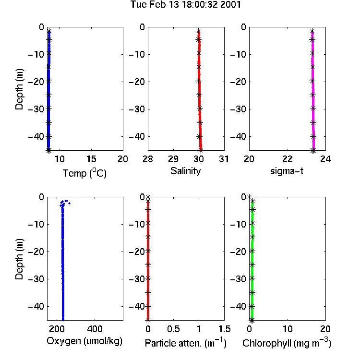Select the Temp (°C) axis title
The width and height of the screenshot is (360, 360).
click(84, 173)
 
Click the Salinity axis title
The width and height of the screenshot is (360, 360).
click(185, 171)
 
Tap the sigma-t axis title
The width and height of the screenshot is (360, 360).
click(287, 171)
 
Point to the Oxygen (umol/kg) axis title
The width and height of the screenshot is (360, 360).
click(84, 341)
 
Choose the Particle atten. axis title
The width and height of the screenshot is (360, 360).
click(185, 343)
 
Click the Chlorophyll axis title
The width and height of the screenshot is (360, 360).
click(287, 343)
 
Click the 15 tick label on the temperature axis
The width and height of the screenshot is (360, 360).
click(91, 159)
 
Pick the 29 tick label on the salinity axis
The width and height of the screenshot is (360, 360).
click(173, 159)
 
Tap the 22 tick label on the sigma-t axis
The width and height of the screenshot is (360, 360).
click(287, 159)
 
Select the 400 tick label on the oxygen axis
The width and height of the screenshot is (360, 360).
click(95, 329)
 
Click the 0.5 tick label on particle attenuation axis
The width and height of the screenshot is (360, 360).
click(173, 329)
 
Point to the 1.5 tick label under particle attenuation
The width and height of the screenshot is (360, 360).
click(225, 329)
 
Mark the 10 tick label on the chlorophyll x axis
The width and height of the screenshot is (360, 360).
click(288, 329)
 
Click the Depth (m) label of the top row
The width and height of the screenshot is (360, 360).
click(19, 89)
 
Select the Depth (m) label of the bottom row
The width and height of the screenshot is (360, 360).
click(19, 259)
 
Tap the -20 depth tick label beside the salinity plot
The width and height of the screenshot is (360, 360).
click(137, 82)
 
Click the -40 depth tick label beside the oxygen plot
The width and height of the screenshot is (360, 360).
click(36, 306)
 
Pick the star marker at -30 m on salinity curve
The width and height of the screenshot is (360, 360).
click(200, 108)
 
